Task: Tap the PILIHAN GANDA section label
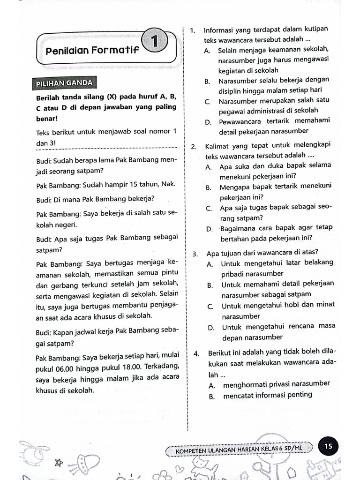pos(64,83)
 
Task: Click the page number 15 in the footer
pos(328,446)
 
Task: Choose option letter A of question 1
pos(207,50)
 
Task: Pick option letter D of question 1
pos(208,121)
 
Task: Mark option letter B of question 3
pos(210,285)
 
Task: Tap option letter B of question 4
pos(212,396)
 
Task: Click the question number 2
pos(194,147)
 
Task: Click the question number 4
pos(196,353)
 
